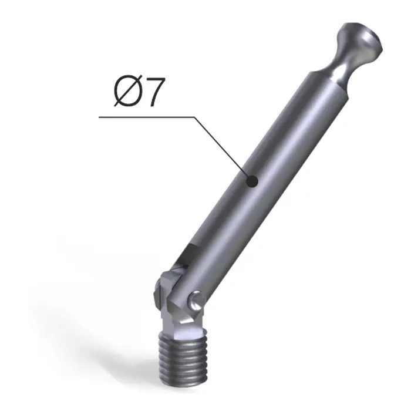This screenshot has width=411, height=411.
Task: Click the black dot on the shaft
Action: pyautogui.click(x=252, y=181)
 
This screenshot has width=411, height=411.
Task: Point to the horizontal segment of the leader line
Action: pyautogui.click(x=147, y=117)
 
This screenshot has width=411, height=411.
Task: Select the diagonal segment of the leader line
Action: pyautogui.click(x=223, y=149)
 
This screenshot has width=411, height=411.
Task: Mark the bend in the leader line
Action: pyautogui.click(x=194, y=117)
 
